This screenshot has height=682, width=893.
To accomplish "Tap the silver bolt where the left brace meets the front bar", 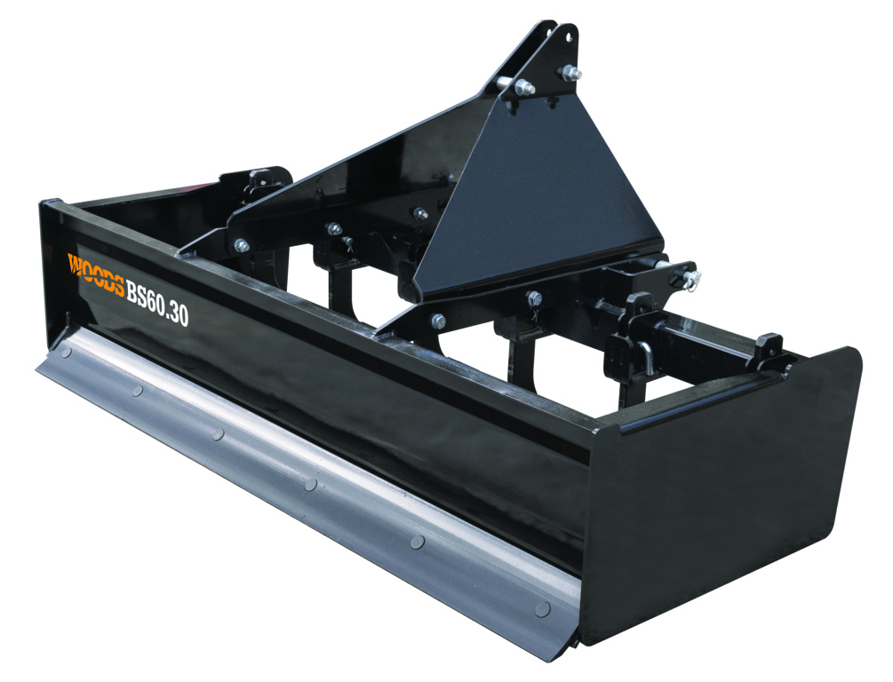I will point(241,246).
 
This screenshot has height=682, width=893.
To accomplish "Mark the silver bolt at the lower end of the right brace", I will point(437,321).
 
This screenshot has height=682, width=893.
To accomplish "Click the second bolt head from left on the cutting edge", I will point(136,390).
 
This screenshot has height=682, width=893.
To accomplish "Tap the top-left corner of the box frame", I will point(46,207).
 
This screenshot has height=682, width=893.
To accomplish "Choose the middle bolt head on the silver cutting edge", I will point(310,484).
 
